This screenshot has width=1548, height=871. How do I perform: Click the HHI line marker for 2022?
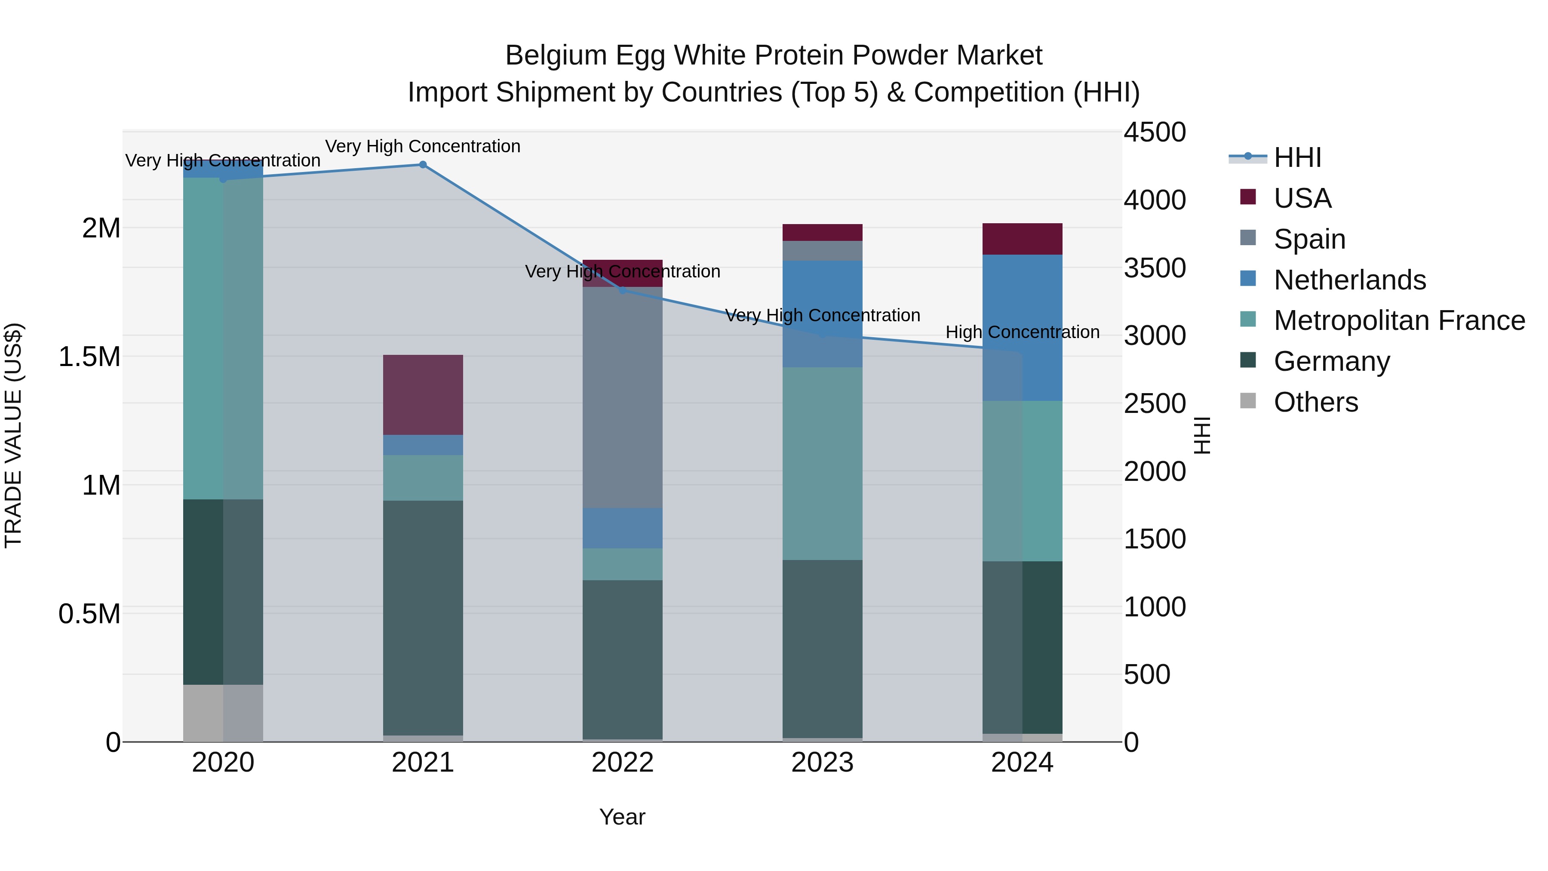(x=623, y=290)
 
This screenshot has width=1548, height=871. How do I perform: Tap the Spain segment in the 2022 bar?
(x=623, y=397)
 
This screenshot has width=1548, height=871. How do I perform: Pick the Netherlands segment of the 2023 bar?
(x=822, y=313)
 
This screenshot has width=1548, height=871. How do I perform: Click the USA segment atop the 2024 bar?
(x=1022, y=239)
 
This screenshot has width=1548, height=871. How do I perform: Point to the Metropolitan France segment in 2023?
(x=822, y=463)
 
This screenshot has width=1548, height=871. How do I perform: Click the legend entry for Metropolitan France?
(x=1399, y=320)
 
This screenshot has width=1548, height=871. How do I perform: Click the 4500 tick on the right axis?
(x=1155, y=132)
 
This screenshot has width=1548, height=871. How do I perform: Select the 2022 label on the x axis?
(x=623, y=763)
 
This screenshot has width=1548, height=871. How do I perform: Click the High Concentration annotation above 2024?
(x=1022, y=332)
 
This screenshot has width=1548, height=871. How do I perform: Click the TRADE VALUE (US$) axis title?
(x=13, y=435)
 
